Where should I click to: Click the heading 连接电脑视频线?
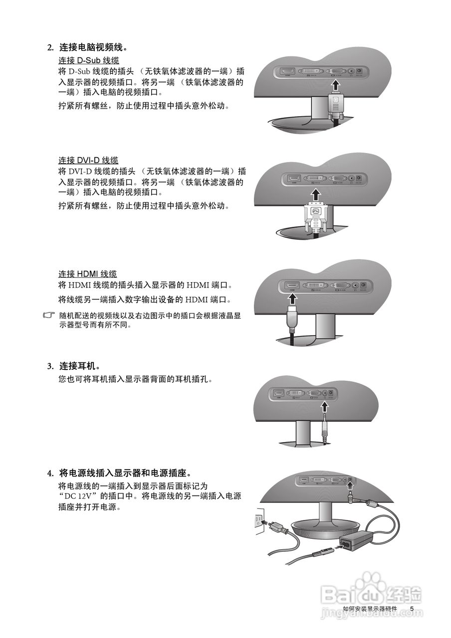point(93,48)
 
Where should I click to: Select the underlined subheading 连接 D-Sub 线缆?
point(88,60)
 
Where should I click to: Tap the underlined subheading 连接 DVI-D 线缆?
point(88,160)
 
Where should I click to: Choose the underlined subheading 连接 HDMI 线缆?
point(88,274)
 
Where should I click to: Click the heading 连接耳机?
point(80,366)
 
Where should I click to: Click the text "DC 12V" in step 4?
point(78,496)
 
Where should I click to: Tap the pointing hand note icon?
point(49,316)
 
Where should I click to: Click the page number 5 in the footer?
point(412,609)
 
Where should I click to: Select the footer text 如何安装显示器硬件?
point(370,609)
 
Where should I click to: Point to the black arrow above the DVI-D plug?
point(315,193)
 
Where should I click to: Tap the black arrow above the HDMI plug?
point(292,298)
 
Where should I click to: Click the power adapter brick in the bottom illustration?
point(356,541)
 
